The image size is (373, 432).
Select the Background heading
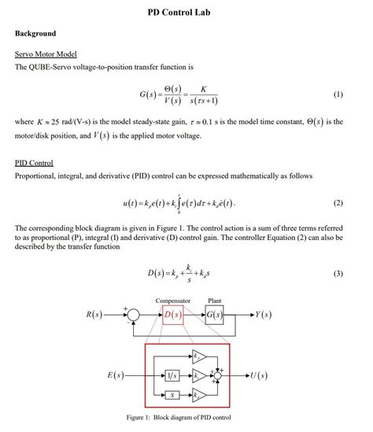(35, 34)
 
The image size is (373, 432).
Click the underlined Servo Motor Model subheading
(46, 54)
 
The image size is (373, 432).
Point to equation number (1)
(338, 94)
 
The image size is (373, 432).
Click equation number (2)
(338, 202)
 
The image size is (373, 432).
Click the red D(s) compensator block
(173, 316)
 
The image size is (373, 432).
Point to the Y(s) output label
(264, 316)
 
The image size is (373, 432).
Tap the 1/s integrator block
(172, 375)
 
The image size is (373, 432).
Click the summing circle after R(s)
(134, 316)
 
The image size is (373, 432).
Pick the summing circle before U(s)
(218, 375)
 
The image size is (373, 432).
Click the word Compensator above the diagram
(173, 301)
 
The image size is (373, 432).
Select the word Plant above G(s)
(215, 301)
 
